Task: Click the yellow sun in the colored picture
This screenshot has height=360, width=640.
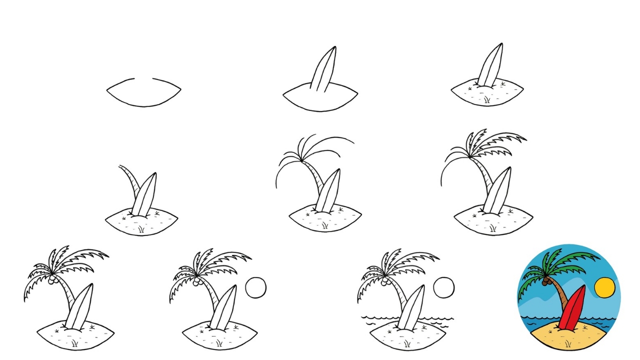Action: tap(604, 287)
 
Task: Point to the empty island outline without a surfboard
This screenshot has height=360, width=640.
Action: tap(143, 92)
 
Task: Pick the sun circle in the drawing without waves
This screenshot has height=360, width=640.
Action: tap(255, 287)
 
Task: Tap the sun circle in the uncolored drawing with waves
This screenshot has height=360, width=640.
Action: tap(443, 288)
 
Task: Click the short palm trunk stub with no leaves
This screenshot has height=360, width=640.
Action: tap(128, 182)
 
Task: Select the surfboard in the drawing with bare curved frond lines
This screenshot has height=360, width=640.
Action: tap(328, 191)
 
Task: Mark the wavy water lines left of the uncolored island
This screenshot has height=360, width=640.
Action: tap(380, 319)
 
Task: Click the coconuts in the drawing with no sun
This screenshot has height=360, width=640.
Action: tap(52, 281)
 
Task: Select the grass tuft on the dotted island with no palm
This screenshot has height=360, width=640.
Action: tap(486, 100)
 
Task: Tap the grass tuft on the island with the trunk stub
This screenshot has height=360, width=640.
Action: tap(141, 229)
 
